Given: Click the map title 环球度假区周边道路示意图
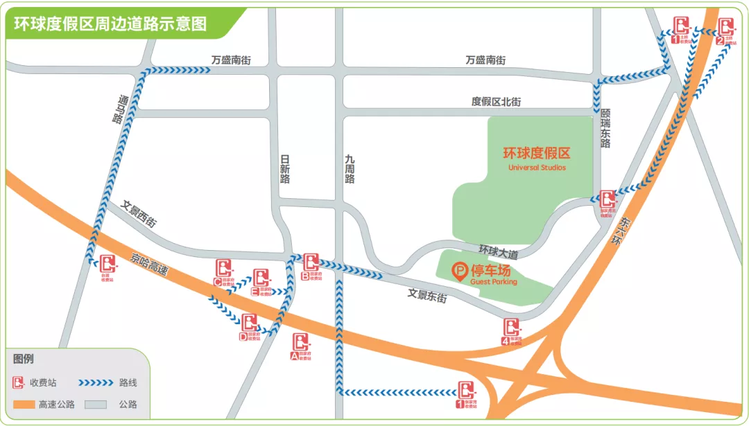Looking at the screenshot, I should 111,24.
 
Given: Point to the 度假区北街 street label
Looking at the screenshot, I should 496,102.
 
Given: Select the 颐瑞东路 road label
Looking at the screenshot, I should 605,128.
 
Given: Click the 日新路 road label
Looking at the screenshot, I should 285,169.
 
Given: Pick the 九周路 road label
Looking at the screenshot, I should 350,169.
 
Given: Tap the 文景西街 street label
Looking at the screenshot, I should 139,214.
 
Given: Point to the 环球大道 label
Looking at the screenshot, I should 498,249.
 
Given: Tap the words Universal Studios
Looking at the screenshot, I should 537,168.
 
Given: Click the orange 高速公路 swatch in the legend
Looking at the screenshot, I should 26,404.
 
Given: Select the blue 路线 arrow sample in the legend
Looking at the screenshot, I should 95,382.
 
